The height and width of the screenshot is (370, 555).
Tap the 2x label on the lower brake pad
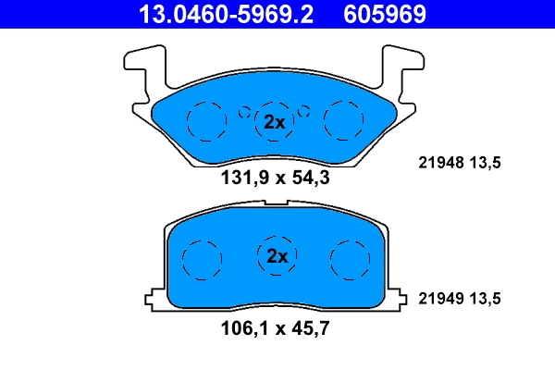(277, 255)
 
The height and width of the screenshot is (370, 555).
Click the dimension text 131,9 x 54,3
(273, 178)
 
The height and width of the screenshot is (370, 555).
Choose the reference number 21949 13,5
(461, 298)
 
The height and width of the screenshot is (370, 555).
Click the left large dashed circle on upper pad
(205, 120)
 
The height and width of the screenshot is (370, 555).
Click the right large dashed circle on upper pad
(343, 119)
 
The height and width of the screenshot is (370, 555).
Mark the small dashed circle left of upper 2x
(245, 113)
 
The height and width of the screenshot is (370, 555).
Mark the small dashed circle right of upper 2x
(303, 113)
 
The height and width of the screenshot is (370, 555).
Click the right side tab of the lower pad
(399, 299)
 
